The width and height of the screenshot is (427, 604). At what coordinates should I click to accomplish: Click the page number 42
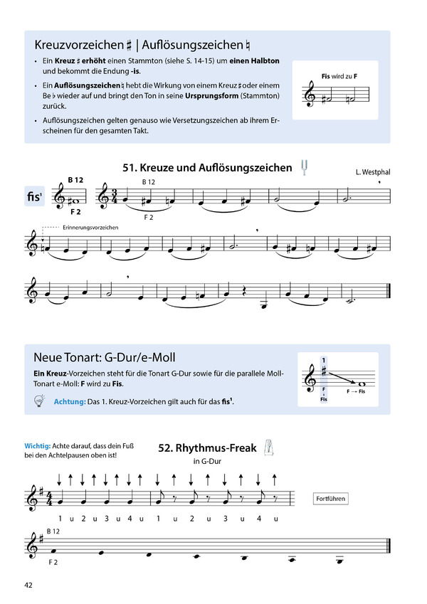click(28, 586)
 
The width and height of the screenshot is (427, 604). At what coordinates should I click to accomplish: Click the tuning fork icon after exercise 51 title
click(305, 167)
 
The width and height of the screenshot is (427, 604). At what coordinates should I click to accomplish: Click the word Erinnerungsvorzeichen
click(90, 227)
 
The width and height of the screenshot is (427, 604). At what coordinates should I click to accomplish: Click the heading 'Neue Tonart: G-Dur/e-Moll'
click(104, 357)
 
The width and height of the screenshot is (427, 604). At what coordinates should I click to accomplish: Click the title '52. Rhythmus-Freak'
click(206, 448)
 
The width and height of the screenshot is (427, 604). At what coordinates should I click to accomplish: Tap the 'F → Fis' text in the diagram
click(354, 392)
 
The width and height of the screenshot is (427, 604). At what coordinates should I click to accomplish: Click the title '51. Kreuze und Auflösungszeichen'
click(207, 169)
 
